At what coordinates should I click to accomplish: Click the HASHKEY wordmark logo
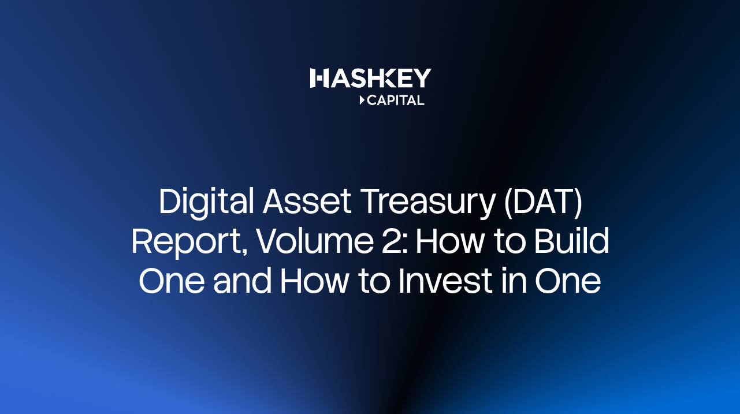coord(370,78)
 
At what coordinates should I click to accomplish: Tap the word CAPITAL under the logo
coord(396,100)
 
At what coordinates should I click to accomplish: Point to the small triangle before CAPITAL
coord(362,100)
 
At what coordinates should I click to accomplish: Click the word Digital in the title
coord(206,202)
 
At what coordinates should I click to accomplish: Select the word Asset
coord(307,202)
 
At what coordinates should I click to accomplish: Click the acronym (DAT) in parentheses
coord(543,202)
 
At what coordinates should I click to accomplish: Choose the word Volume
coord(315,240)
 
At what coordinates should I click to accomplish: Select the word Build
coord(571,240)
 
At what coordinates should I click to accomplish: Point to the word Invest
coord(446,281)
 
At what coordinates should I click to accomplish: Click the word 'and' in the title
coord(242,280)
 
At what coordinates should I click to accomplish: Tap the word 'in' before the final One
coord(514,280)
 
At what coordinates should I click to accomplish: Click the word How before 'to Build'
coord(451,241)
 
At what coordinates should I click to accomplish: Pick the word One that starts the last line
coord(172,281)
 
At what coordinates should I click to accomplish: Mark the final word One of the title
coord(568,281)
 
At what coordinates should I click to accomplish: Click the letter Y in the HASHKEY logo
coord(422,79)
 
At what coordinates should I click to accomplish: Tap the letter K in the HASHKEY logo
coord(386,79)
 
